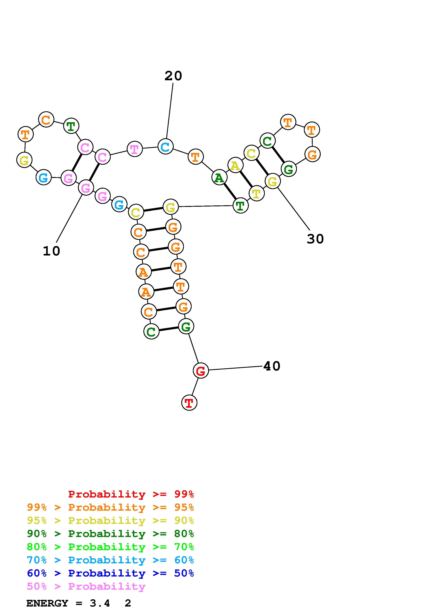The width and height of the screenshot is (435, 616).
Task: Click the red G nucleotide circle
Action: pos(201,371)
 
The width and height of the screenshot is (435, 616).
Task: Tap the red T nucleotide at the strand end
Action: pos(189,402)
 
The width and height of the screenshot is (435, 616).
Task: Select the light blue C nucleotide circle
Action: pos(165,146)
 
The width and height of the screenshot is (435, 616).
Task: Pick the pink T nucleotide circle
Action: pos(135,149)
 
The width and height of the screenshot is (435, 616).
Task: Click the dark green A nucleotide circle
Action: pos(219,177)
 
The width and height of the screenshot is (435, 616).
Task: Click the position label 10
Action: pos(51,251)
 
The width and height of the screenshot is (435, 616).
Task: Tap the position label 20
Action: pos(173,76)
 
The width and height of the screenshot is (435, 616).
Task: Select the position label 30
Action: pos(315,239)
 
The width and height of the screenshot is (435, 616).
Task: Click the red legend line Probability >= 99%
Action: pos(131,494)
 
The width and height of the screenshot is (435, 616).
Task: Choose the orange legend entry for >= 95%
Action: pos(110,507)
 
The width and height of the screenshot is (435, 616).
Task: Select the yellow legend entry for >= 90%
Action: pos(110,520)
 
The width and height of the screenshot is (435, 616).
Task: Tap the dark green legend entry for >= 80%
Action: pos(110,534)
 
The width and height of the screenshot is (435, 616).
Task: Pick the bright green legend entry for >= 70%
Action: pos(110,547)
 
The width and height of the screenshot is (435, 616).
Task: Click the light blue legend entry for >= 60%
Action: pos(110,560)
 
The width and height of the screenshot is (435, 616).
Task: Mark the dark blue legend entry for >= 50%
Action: pos(110,573)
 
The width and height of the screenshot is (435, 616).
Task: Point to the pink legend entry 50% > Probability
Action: pos(86,586)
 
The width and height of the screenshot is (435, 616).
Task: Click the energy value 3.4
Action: pos(100,603)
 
